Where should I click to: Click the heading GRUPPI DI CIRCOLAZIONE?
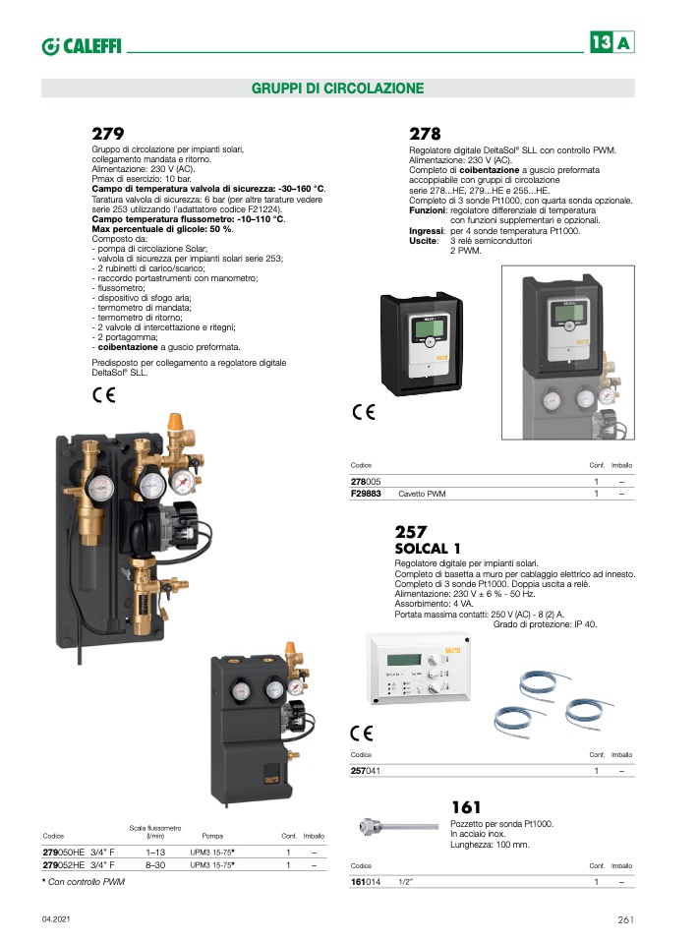337,88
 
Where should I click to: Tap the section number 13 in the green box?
602,42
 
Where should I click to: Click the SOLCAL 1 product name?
427,548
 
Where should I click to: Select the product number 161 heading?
466,807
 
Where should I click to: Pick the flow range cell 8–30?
155,865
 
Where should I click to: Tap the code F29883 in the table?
366,494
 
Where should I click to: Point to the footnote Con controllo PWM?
84,882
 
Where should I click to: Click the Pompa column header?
212,836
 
